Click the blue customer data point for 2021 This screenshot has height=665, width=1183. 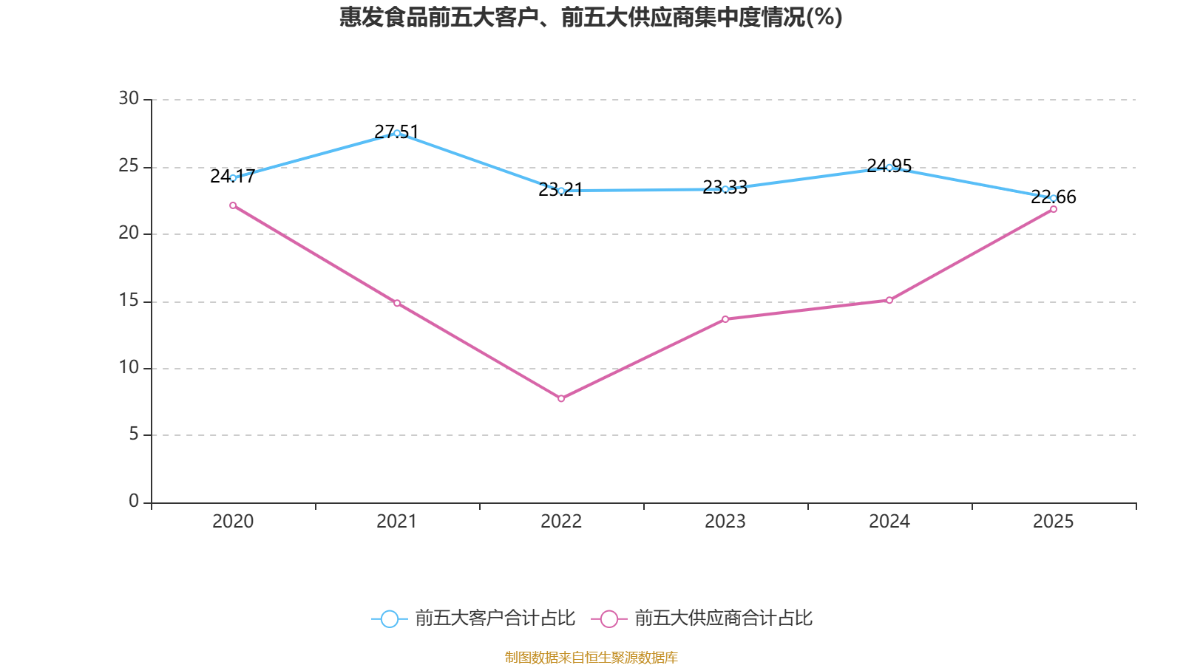(397, 133)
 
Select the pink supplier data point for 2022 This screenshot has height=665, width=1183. (561, 399)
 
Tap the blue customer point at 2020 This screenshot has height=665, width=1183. (233, 178)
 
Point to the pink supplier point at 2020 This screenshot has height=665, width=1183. (233, 205)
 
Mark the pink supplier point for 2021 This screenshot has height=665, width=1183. (397, 303)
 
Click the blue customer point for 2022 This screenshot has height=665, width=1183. (561, 191)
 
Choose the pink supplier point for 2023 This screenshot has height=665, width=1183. (725, 319)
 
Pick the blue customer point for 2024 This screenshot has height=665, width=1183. (889, 167)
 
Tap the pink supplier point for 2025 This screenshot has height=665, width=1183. (1054, 209)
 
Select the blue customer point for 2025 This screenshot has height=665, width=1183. (1054, 198)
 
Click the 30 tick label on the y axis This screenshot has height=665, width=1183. (129, 98)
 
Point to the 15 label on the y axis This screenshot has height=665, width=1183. (129, 300)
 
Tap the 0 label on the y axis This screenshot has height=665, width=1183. (134, 501)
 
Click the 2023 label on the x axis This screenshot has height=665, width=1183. (725, 522)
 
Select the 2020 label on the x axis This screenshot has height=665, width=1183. (233, 522)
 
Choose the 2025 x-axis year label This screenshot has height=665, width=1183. (1054, 522)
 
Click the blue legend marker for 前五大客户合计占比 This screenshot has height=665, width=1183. (389, 618)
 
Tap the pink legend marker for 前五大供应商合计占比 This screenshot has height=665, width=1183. (609, 618)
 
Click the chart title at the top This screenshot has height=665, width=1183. (591, 17)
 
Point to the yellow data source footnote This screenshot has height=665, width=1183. (591, 657)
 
